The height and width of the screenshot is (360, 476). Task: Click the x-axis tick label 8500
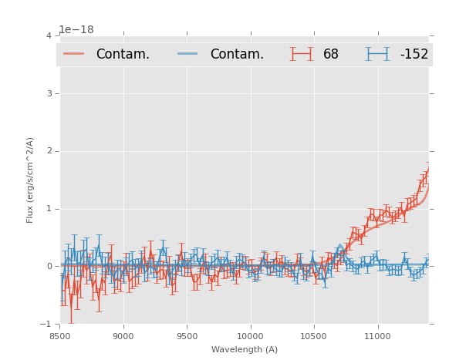point(59,336)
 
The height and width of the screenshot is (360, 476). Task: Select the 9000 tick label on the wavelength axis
point(123,336)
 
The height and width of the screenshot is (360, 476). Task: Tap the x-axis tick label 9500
point(187,336)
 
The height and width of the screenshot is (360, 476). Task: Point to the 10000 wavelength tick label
point(250,336)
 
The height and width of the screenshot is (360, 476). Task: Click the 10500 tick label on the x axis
point(313,336)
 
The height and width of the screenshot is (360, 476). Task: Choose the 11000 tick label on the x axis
point(377,336)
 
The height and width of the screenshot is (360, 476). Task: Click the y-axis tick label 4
point(49,35)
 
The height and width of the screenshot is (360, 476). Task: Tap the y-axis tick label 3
point(49,93)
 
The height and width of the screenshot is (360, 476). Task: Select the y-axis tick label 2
point(49,151)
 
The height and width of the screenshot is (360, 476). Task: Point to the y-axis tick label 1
point(49,209)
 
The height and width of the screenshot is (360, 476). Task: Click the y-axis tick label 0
point(49,267)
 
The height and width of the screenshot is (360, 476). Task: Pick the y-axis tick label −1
point(46,324)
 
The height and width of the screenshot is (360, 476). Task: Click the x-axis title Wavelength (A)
point(245,349)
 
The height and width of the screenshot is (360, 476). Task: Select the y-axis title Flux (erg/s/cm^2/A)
point(31,180)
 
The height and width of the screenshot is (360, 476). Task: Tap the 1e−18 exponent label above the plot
point(76,30)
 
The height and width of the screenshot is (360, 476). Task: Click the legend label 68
point(331,55)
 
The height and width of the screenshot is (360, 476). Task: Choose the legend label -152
point(414,55)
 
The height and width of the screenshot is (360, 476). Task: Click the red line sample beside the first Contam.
point(73,54)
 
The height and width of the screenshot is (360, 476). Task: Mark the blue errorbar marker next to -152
point(377,54)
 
